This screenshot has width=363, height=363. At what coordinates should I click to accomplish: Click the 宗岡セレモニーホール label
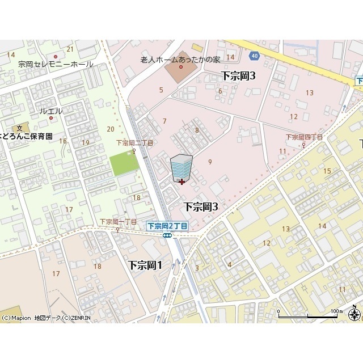tap(55, 65)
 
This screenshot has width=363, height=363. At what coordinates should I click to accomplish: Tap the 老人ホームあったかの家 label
tap(180, 60)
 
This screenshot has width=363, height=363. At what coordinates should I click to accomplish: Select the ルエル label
tap(52, 111)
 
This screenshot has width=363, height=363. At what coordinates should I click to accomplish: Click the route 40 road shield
tap(254, 55)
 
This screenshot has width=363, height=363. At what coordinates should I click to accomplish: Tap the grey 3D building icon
tap(181, 168)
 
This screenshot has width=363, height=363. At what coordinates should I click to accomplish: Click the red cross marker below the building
tap(181, 181)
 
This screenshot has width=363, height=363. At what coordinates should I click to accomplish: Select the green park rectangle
tap(124, 163)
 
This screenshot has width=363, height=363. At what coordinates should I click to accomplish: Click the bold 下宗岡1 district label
tap(145, 265)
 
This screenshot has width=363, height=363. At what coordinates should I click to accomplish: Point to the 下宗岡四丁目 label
tap(304, 137)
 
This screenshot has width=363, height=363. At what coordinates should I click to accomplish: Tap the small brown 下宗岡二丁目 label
tap(134, 143)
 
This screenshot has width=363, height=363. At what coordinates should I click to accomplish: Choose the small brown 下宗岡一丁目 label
tap(118, 222)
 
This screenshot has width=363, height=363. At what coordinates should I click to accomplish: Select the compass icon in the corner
tap(355, 314)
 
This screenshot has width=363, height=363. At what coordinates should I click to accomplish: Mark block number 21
tap(70, 49)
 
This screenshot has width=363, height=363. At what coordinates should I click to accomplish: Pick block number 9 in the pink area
tap(210, 162)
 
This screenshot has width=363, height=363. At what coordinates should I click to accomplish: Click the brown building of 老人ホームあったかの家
tap(180, 71)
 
